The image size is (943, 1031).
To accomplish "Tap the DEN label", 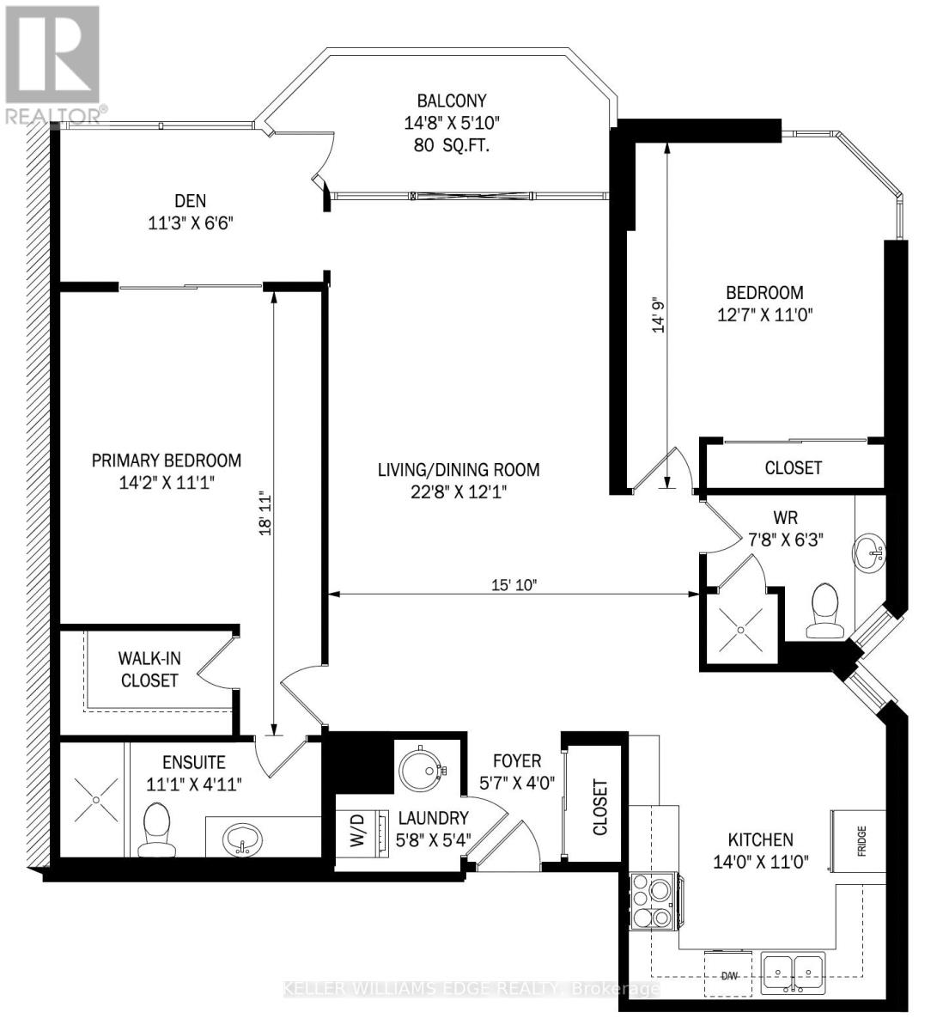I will [x=190, y=201].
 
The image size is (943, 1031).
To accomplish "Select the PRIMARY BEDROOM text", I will [x=167, y=461].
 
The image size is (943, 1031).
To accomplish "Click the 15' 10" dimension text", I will [x=513, y=584].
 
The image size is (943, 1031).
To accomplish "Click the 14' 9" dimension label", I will [x=659, y=314].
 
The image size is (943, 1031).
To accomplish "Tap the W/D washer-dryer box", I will [x=356, y=830].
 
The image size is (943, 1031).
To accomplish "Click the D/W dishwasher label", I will [x=730, y=976].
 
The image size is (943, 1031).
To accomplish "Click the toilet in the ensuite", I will [x=157, y=830].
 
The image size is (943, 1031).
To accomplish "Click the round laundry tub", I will [x=421, y=769].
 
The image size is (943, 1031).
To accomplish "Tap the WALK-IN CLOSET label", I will [x=149, y=669].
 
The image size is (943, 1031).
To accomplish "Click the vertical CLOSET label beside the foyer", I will [x=599, y=807].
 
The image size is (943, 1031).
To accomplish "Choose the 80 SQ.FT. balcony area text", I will [x=452, y=145].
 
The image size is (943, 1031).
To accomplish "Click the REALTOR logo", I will [x=53, y=64].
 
